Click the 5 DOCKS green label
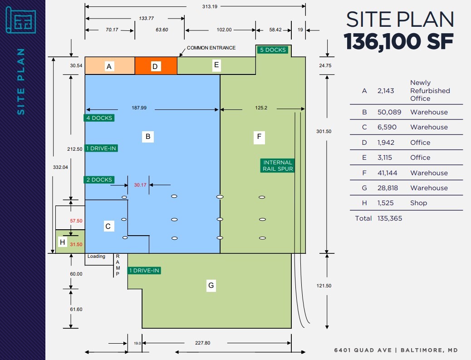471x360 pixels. (x=273, y=50)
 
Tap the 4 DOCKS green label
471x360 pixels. (x=98, y=118)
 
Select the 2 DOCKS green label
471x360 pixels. (x=98, y=180)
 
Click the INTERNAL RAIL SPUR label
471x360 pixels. (x=278, y=166)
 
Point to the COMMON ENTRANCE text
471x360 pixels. (x=211, y=48)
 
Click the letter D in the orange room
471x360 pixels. (x=155, y=67)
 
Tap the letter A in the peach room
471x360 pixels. (x=108, y=67)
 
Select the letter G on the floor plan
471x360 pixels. (x=211, y=286)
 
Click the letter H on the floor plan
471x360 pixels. (x=63, y=242)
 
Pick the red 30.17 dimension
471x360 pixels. (x=141, y=185)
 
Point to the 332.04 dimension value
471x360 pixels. (x=60, y=167)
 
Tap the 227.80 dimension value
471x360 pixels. (x=203, y=343)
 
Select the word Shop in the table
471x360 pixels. (x=418, y=203)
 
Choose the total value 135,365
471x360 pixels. (x=389, y=218)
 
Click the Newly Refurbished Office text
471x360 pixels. (x=430, y=91)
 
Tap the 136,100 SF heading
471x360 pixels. (x=399, y=42)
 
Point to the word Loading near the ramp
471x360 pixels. (x=96, y=256)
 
